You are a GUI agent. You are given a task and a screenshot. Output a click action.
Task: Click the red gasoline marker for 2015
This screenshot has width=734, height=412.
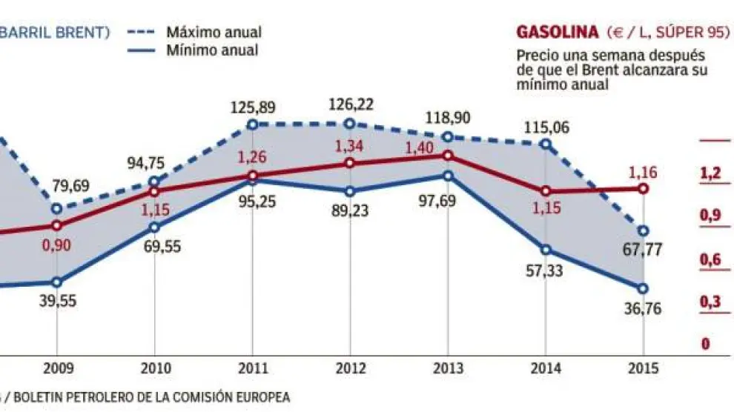(643, 189)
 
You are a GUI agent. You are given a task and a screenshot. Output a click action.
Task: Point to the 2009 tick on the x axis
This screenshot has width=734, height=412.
(57, 368)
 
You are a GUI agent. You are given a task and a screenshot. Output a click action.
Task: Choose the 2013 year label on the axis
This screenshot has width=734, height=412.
(447, 368)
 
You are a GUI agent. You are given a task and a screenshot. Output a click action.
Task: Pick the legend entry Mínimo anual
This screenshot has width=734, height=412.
(212, 50)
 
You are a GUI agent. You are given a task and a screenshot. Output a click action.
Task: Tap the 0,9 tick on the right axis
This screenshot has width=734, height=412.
(710, 216)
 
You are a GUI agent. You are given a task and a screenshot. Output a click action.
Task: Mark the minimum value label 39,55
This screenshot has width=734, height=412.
(57, 301)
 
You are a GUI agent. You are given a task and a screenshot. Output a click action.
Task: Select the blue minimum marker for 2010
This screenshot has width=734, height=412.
(154, 227)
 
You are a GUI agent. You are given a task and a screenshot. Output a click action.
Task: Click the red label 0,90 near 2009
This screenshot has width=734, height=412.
(57, 246)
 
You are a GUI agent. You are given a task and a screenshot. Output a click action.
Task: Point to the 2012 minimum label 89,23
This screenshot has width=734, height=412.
(350, 210)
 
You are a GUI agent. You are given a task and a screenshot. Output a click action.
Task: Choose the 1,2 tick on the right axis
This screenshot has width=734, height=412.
(710, 173)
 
